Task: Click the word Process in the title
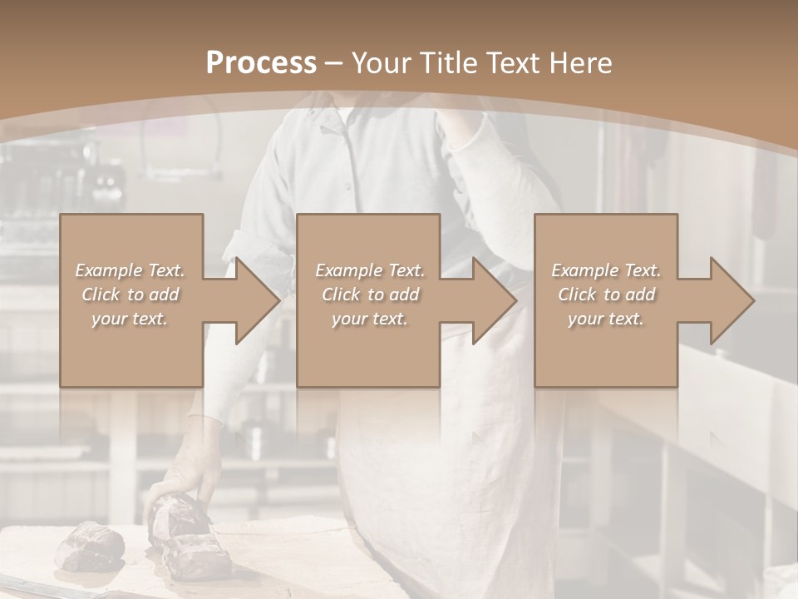click(x=261, y=63)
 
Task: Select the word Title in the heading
click(x=447, y=63)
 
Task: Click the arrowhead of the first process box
click(x=259, y=300)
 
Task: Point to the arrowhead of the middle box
click(x=495, y=300)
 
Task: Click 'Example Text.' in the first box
click(x=130, y=270)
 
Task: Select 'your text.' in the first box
click(x=130, y=319)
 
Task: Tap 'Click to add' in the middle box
click(x=370, y=295)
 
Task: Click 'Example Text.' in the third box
click(x=606, y=270)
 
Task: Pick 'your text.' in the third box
click(x=606, y=319)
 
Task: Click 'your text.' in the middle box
click(x=370, y=319)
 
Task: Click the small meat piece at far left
click(x=90, y=544)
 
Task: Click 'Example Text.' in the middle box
click(x=370, y=270)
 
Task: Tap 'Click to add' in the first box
click(x=130, y=295)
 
